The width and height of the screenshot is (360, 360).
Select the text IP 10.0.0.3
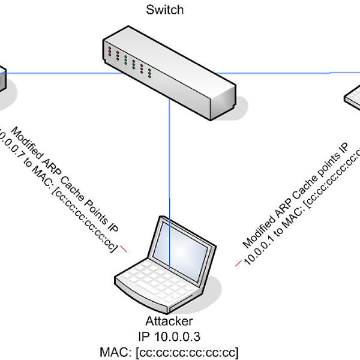click(x=169, y=335)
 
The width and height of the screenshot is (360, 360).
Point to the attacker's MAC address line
click(x=169, y=350)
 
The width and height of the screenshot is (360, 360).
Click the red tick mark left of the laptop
click(x=125, y=248)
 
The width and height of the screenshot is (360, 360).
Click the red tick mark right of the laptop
click(x=238, y=262)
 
